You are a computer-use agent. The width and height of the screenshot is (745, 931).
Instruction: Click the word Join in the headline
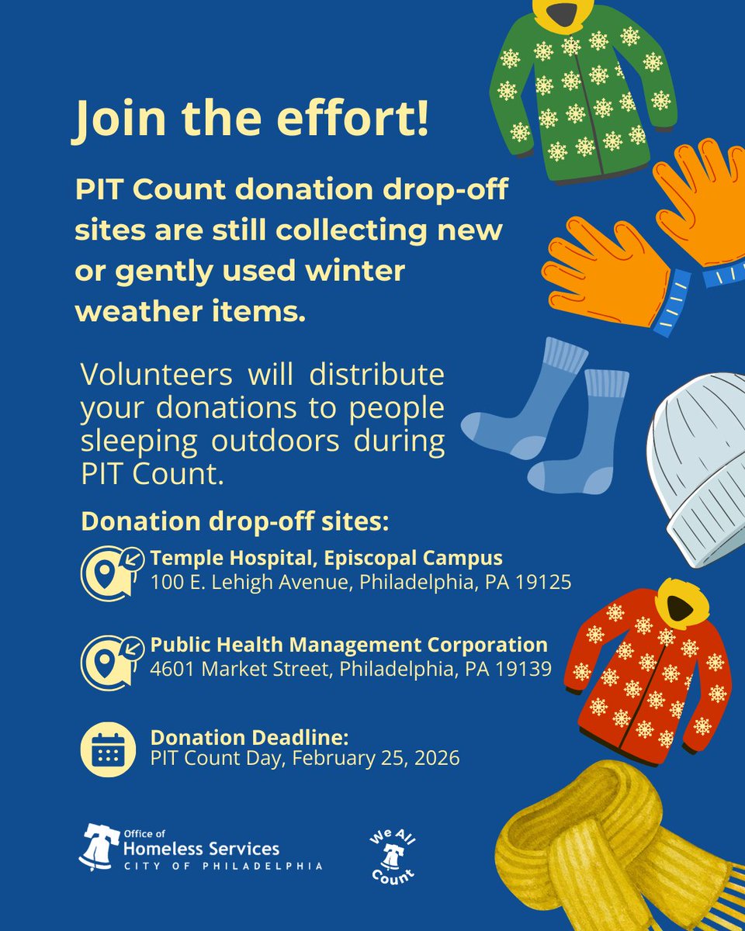[118, 119]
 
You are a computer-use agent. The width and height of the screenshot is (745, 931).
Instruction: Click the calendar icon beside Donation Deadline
[108, 749]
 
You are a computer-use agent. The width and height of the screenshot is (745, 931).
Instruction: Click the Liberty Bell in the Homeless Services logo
[99, 847]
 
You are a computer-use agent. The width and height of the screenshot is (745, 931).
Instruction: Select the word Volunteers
[156, 375]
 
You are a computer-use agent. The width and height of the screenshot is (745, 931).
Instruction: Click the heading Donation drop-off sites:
[235, 521]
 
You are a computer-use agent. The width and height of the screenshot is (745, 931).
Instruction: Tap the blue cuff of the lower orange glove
[671, 303]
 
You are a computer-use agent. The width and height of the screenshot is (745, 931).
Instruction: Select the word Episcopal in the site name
[369, 559]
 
